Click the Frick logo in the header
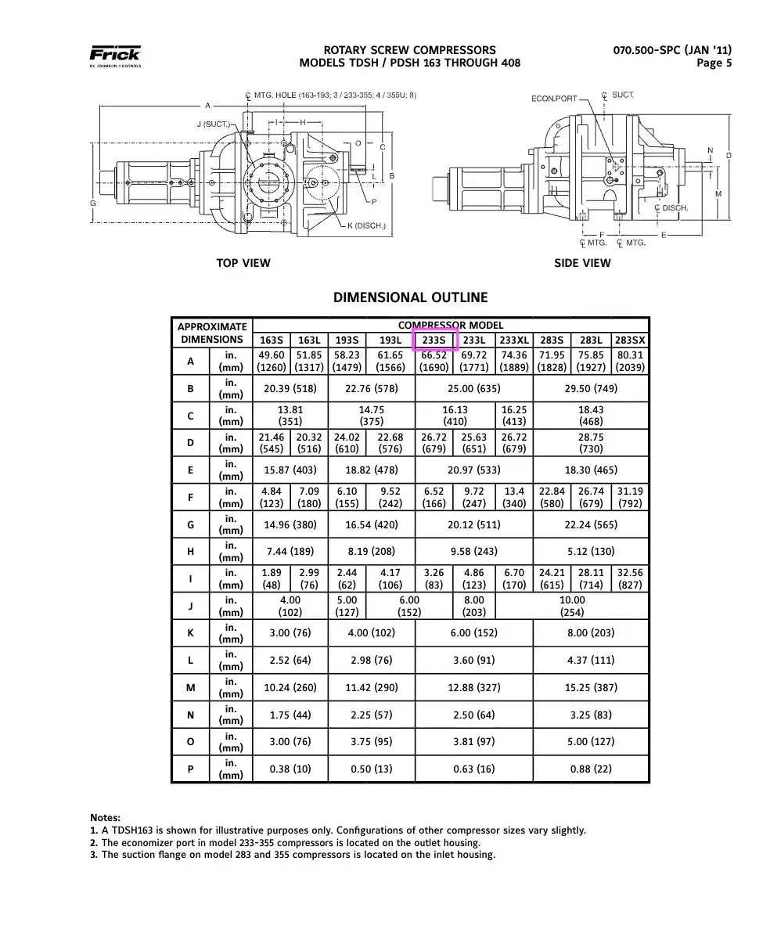115,56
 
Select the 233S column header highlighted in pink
434,340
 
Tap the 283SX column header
630,340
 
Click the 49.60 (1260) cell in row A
272,362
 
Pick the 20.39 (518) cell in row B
290,389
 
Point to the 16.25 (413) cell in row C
514,416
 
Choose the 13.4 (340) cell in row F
514,498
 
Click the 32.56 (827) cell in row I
630,579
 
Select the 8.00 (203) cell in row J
474,607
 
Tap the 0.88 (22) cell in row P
591,769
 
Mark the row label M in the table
191,688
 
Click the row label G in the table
191,525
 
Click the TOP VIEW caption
243,263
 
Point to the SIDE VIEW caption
582,263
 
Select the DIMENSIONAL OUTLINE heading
410,297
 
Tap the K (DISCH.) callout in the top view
367,225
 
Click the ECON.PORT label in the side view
554,99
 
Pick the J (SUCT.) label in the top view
214,124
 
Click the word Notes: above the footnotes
106,818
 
